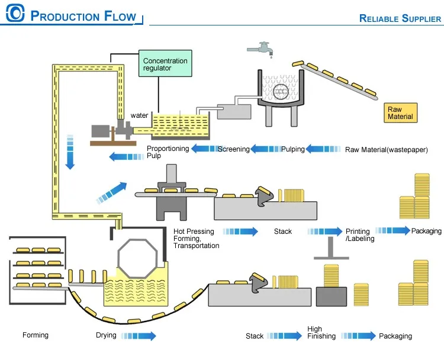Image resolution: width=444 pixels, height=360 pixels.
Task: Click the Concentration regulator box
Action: [x=165, y=65]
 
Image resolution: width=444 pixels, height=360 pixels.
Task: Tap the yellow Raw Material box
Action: [x=400, y=112]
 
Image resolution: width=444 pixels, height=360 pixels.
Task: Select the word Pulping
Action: [x=292, y=149]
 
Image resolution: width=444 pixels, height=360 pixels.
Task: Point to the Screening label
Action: [x=233, y=149]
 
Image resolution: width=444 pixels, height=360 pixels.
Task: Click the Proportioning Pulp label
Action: [x=168, y=152]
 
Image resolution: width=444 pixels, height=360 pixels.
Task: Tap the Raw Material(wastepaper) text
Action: [x=386, y=149]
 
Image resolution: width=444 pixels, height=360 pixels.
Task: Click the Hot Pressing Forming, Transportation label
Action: [x=196, y=238]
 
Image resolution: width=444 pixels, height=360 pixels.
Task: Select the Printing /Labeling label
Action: [x=358, y=235]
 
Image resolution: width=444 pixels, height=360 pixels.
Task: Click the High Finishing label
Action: [x=321, y=333]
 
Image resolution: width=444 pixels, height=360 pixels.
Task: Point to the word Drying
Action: [x=106, y=336]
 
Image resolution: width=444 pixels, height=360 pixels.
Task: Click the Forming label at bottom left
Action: [x=36, y=336]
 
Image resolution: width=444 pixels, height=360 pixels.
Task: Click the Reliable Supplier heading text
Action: [x=400, y=18]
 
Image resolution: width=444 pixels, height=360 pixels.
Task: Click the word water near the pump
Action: [x=139, y=115]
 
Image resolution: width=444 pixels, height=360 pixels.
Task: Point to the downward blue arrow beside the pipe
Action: [x=70, y=152]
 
